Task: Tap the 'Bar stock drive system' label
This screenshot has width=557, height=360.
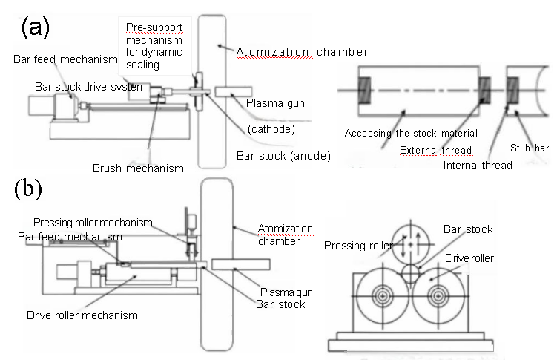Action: click(x=90, y=87)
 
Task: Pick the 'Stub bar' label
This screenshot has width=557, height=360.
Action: click(x=531, y=148)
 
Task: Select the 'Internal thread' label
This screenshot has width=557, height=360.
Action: click(x=478, y=165)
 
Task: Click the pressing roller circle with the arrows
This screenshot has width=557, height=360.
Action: click(x=405, y=242)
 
